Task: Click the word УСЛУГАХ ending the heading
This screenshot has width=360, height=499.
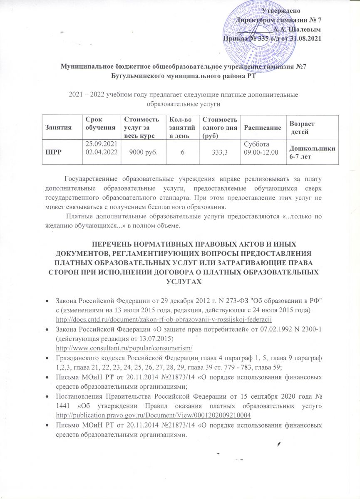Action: [180, 282]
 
